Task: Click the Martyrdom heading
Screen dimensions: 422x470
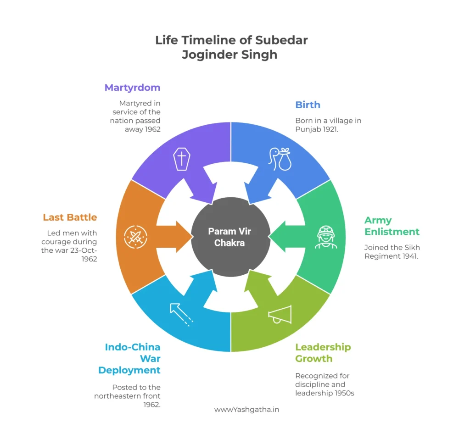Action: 132,87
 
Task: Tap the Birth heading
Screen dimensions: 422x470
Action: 308,105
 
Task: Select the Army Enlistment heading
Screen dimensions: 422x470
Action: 392,226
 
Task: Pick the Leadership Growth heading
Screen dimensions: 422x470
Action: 323,352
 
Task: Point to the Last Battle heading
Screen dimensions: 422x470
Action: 70,217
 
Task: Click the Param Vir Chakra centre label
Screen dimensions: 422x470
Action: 229,237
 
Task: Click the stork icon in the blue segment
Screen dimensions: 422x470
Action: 280,159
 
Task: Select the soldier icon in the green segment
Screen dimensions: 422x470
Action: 326,237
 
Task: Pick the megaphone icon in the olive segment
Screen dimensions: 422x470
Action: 280,314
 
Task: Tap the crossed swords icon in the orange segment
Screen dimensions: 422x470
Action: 135,237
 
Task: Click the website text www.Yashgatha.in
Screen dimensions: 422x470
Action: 246,409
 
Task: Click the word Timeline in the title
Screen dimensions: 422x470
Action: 210,40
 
